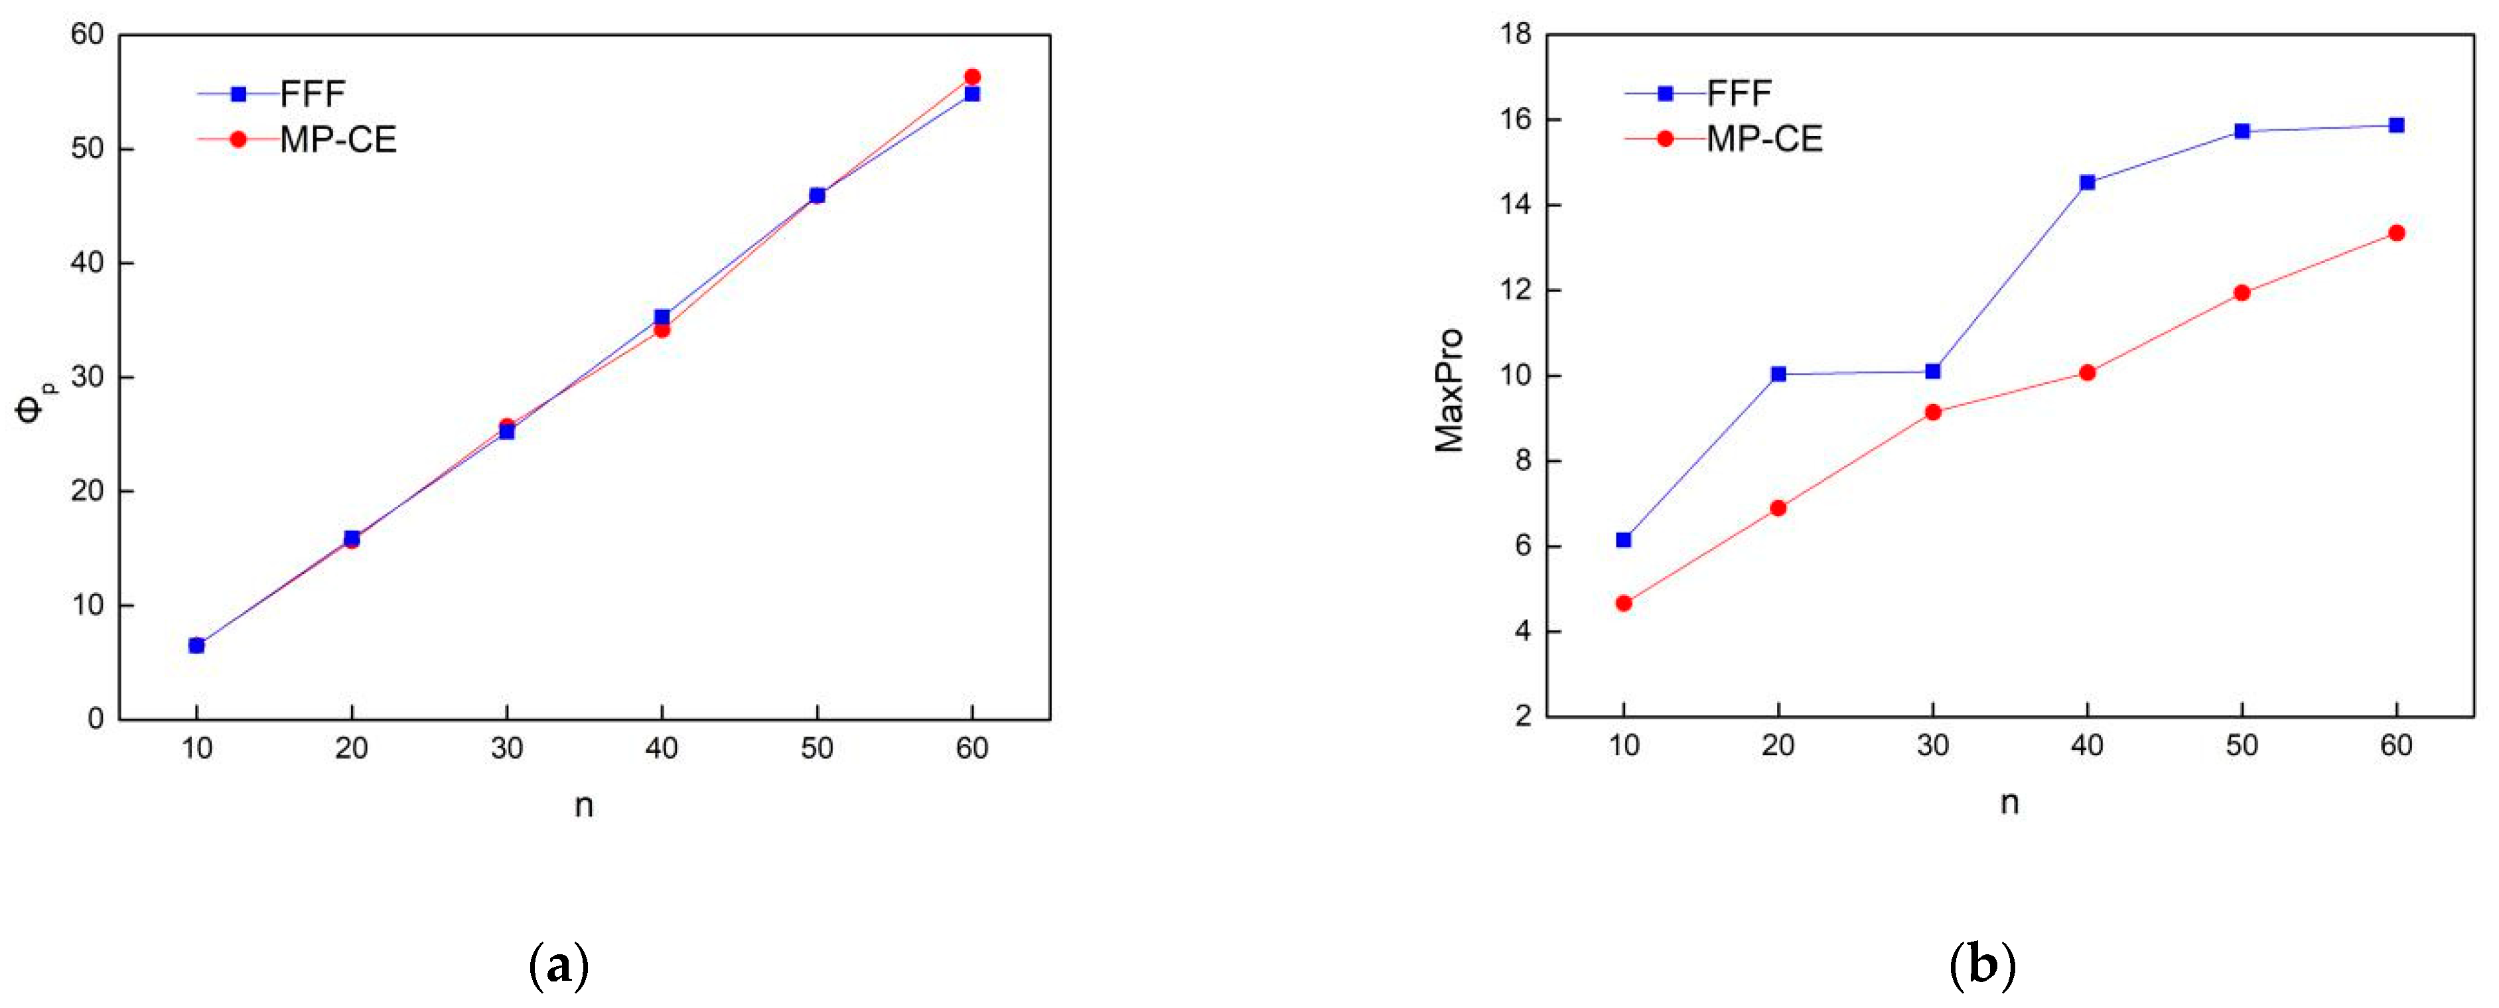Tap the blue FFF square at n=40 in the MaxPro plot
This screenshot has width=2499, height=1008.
[2087, 182]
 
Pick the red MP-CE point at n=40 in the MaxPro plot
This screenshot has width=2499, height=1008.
[2087, 372]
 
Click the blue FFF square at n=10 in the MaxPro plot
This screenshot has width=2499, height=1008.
[1623, 540]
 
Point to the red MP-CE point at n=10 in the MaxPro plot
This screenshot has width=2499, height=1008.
[1623, 603]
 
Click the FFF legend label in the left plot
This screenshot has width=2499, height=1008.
[313, 94]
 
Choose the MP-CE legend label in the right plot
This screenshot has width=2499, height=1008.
[1764, 139]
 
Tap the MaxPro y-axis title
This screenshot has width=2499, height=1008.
[1449, 390]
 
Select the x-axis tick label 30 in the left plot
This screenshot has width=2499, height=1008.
[506, 748]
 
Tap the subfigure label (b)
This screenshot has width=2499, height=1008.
[1982, 966]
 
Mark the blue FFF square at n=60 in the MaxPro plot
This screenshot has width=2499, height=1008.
[2395, 125]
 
